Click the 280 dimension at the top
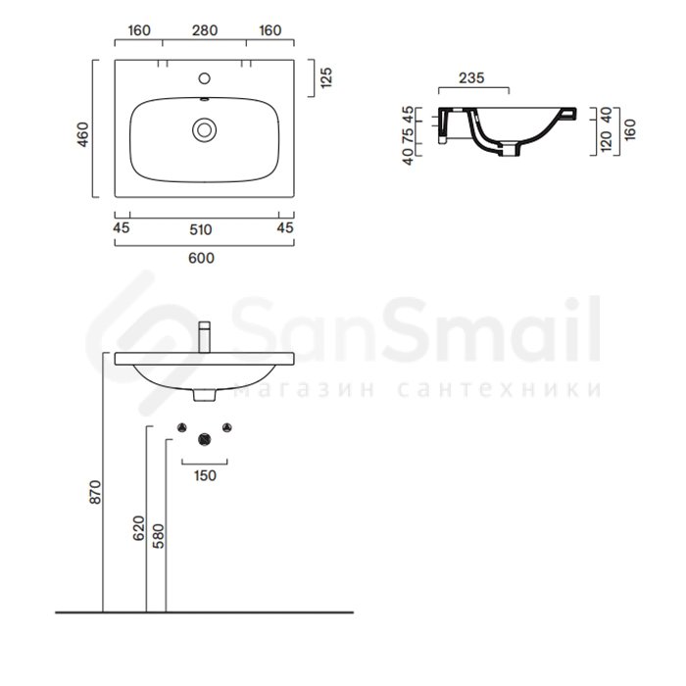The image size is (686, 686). (205, 30)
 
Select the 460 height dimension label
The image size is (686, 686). (83, 135)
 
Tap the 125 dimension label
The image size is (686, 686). (326, 77)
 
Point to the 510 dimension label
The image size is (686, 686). (201, 229)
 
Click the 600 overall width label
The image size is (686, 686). (201, 258)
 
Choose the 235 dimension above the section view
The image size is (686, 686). (471, 77)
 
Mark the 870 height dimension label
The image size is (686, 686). (95, 492)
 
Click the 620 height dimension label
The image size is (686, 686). (139, 528)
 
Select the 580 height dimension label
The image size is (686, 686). (158, 536)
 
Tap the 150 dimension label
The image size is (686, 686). (205, 475)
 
